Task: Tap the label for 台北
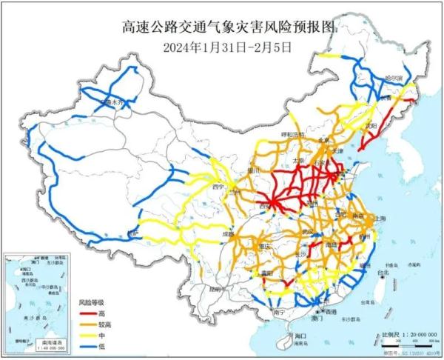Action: click(x=383, y=273)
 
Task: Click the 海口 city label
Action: click(x=303, y=336)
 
